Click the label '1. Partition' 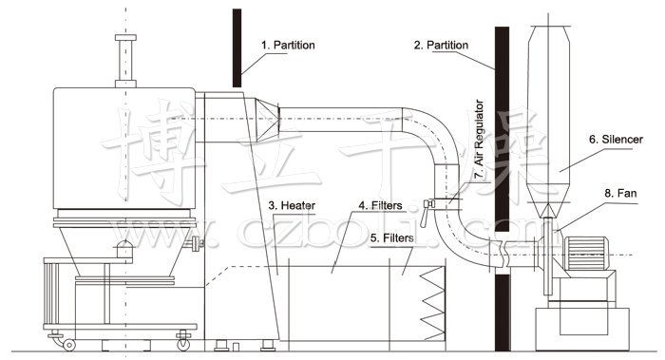pos(290,45)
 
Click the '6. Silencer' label pos(617,139)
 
